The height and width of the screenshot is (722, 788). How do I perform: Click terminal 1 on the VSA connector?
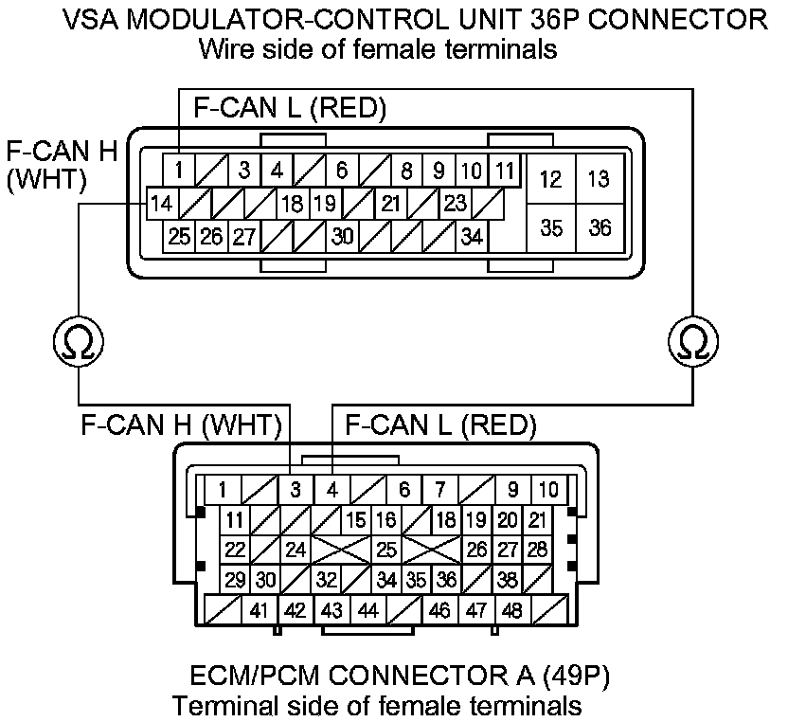[x=178, y=171]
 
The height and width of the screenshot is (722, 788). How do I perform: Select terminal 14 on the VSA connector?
[x=162, y=203]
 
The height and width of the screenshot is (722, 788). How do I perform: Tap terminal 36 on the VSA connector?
[x=600, y=228]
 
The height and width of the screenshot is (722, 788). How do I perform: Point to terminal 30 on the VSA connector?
[x=343, y=236]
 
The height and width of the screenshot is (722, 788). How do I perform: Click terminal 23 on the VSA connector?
[x=455, y=203]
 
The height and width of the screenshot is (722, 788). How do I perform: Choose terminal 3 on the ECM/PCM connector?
[x=295, y=490]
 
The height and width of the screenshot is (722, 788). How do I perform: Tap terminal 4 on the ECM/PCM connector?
[x=331, y=490]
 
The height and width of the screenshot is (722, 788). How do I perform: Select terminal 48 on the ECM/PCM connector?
[x=511, y=610]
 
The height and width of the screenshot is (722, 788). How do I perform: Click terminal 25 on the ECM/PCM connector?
[x=385, y=549]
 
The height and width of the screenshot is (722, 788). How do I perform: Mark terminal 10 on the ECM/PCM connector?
[x=548, y=490]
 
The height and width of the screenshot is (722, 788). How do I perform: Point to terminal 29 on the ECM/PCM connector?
[x=236, y=579]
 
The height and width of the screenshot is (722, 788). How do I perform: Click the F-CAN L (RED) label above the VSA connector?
[x=290, y=108]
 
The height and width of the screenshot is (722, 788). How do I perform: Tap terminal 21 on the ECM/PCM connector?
[x=538, y=519]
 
